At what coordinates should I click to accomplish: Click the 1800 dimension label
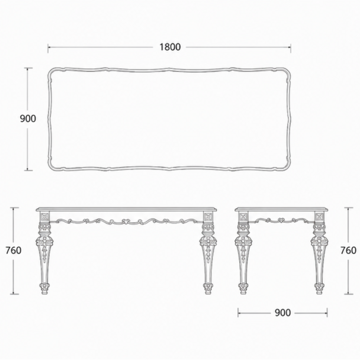(170, 47)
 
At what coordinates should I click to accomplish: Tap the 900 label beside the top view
(28, 119)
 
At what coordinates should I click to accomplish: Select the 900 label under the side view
(283, 313)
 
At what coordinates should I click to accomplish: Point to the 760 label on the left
(14, 250)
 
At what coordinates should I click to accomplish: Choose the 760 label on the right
(348, 250)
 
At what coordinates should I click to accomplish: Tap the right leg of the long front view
(208, 252)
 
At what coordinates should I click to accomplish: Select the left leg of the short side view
(243, 252)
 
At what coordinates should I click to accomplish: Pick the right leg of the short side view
(319, 252)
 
